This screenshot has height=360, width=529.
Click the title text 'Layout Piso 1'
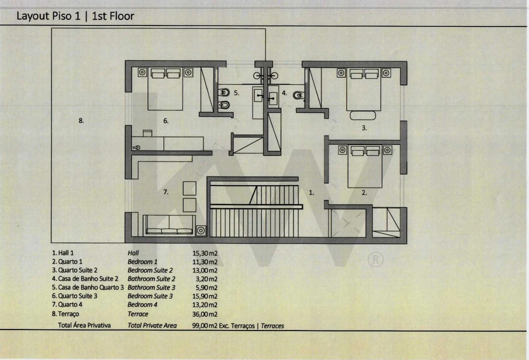(48, 16)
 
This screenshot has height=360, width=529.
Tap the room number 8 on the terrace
(81, 120)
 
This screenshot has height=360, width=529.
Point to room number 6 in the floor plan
(165, 121)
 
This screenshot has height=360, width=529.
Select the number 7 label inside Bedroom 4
(165, 192)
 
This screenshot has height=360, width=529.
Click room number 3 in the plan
(364, 128)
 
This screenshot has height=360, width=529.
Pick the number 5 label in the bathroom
(236, 93)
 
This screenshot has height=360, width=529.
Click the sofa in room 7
(169, 225)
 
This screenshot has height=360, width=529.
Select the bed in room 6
(165, 89)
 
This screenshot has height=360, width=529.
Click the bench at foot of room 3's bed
(362, 115)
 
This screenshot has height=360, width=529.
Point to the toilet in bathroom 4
(298, 95)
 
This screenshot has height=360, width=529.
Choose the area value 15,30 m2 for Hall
(205, 253)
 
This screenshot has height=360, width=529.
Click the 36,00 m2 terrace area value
(205, 314)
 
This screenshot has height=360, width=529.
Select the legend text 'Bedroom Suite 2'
(150, 270)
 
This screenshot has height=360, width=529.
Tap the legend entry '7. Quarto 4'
(67, 304)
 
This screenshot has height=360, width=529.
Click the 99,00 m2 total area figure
(205, 325)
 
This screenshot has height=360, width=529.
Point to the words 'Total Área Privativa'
(84, 325)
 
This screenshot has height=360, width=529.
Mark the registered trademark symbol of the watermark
(375, 260)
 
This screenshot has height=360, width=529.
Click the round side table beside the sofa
(200, 230)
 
